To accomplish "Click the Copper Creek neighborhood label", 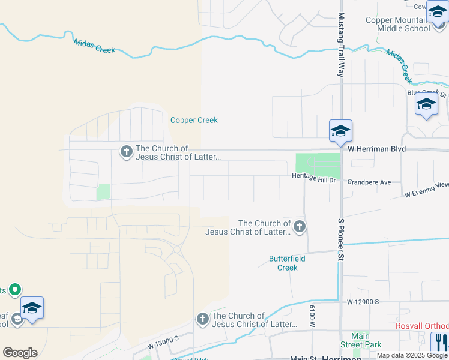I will click(x=194, y=120).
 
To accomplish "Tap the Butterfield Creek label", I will click(x=283, y=263).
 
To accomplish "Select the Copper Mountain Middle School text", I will click(x=398, y=24).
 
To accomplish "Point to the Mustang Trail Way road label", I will click(x=341, y=44).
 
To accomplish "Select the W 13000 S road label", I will click(x=164, y=343).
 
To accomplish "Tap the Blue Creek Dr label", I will click(x=427, y=93).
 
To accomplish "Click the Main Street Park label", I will click(x=360, y=340).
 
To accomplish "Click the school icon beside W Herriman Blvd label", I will click(x=340, y=131).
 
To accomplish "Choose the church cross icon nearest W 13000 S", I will click(x=203, y=319).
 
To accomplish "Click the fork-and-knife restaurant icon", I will click(x=441, y=341).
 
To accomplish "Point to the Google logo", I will click(x=20, y=353).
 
